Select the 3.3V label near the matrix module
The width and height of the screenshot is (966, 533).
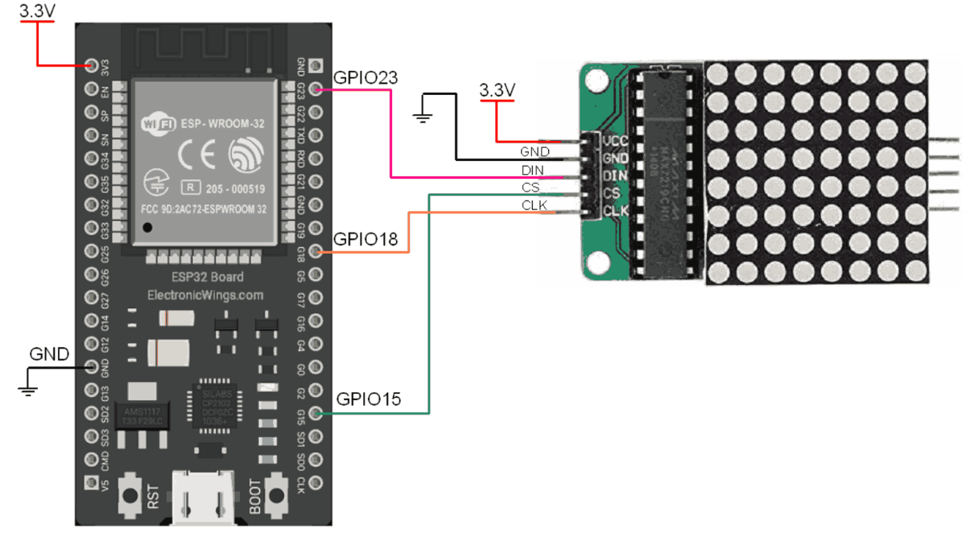pyautogui.click(x=496, y=90)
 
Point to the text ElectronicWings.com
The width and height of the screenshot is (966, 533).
pyautogui.click(x=205, y=295)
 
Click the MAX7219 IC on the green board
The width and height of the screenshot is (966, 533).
pyautogui.click(x=665, y=173)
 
